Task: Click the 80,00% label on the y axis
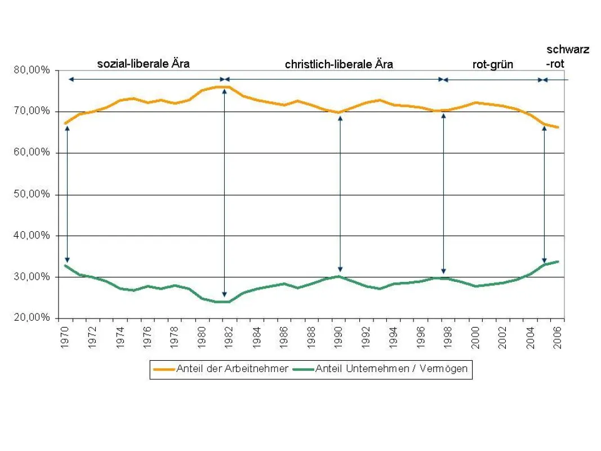tap(32, 70)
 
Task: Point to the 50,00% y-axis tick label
tap(32, 194)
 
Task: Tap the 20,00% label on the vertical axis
tap(32, 317)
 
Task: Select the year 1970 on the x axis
tap(65, 338)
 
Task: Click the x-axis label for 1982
tap(229, 338)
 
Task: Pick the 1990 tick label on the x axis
tap(339, 338)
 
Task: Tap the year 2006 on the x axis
tap(558, 338)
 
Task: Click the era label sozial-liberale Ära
tap(144, 64)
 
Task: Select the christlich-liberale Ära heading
tap(339, 64)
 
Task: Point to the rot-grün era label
tap(492, 64)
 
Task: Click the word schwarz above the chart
tap(568, 50)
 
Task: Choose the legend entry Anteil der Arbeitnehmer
tap(221, 369)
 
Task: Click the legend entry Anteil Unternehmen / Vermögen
tap(380, 369)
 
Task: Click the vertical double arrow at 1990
tap(340, 194)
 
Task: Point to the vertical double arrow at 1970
tap(68, 194)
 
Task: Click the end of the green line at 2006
tap(558, 262)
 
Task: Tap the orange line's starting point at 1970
tap(65, 123)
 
